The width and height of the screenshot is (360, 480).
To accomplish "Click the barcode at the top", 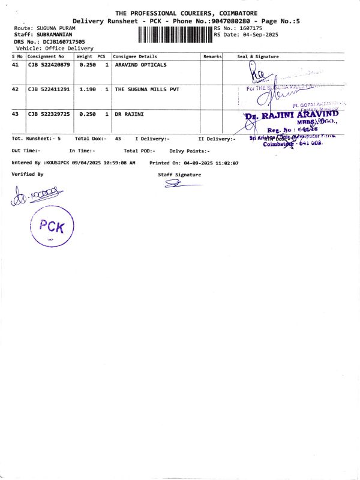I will [175, 35].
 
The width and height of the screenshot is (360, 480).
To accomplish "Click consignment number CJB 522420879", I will [49, 64].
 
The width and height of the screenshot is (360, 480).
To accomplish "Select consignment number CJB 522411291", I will [49, 89].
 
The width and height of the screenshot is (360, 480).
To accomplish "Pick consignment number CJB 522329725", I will [49, 113].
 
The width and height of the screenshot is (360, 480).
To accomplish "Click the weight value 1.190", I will [88, 89].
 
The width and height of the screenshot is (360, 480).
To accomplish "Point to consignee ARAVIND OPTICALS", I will [140, 64].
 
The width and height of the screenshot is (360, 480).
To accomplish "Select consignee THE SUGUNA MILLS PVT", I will [147, 89].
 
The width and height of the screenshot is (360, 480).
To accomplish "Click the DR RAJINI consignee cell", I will [129, 113].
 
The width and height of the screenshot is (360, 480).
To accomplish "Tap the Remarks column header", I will [212, 56].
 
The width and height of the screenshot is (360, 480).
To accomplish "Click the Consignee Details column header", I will [135, 56].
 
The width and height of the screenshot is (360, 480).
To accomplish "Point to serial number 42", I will [15, 89].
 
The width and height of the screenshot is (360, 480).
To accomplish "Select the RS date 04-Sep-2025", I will [254, 34].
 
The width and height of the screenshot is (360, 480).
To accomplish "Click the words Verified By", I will [28, 174].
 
